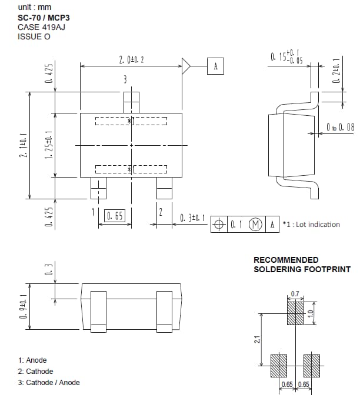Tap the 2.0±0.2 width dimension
tap(131, 59)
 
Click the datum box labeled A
tap(215, 67)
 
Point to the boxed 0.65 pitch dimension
tap(115, 216)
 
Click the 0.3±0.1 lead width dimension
tap(192, 219)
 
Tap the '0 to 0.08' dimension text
tap(340, 127)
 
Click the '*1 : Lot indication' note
tap(311, 224)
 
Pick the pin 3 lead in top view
tap(131, 101)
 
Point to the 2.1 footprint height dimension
tap(257, 339)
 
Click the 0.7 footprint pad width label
tap(295, 293)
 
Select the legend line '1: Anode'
tap(32, 360)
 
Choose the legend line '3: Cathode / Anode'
tap(49, 382)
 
